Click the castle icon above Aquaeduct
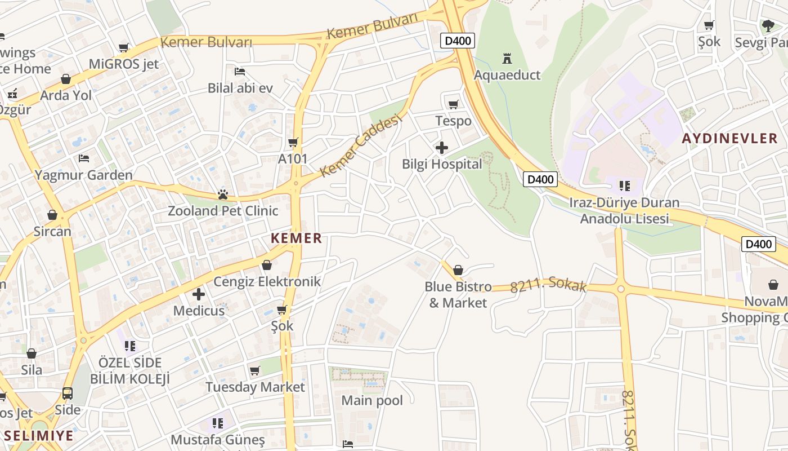[x=507, y=58]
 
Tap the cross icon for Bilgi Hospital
[x=442, y=148]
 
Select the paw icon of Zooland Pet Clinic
[x=223, y=195]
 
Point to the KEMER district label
[x=296, y=238]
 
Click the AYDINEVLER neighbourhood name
[x=730, y=138]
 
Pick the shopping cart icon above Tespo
[x=453, y=104]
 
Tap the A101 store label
[x=293, y=159]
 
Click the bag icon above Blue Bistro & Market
[x=458, y=270]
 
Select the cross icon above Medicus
[x=199, y=294]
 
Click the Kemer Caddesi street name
[x=362, y=145]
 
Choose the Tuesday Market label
[x=255, y=387]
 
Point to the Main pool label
[x=372, y=401]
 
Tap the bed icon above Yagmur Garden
[x=84, y=158]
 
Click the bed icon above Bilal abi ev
[x=240, y=72]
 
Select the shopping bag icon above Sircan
[x=52, y=215]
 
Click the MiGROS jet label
[x=124, y=64]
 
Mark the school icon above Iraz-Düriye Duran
[x=624, y=185]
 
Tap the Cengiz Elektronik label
[x=267, y=281]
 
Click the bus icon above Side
[x=68, y=393]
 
